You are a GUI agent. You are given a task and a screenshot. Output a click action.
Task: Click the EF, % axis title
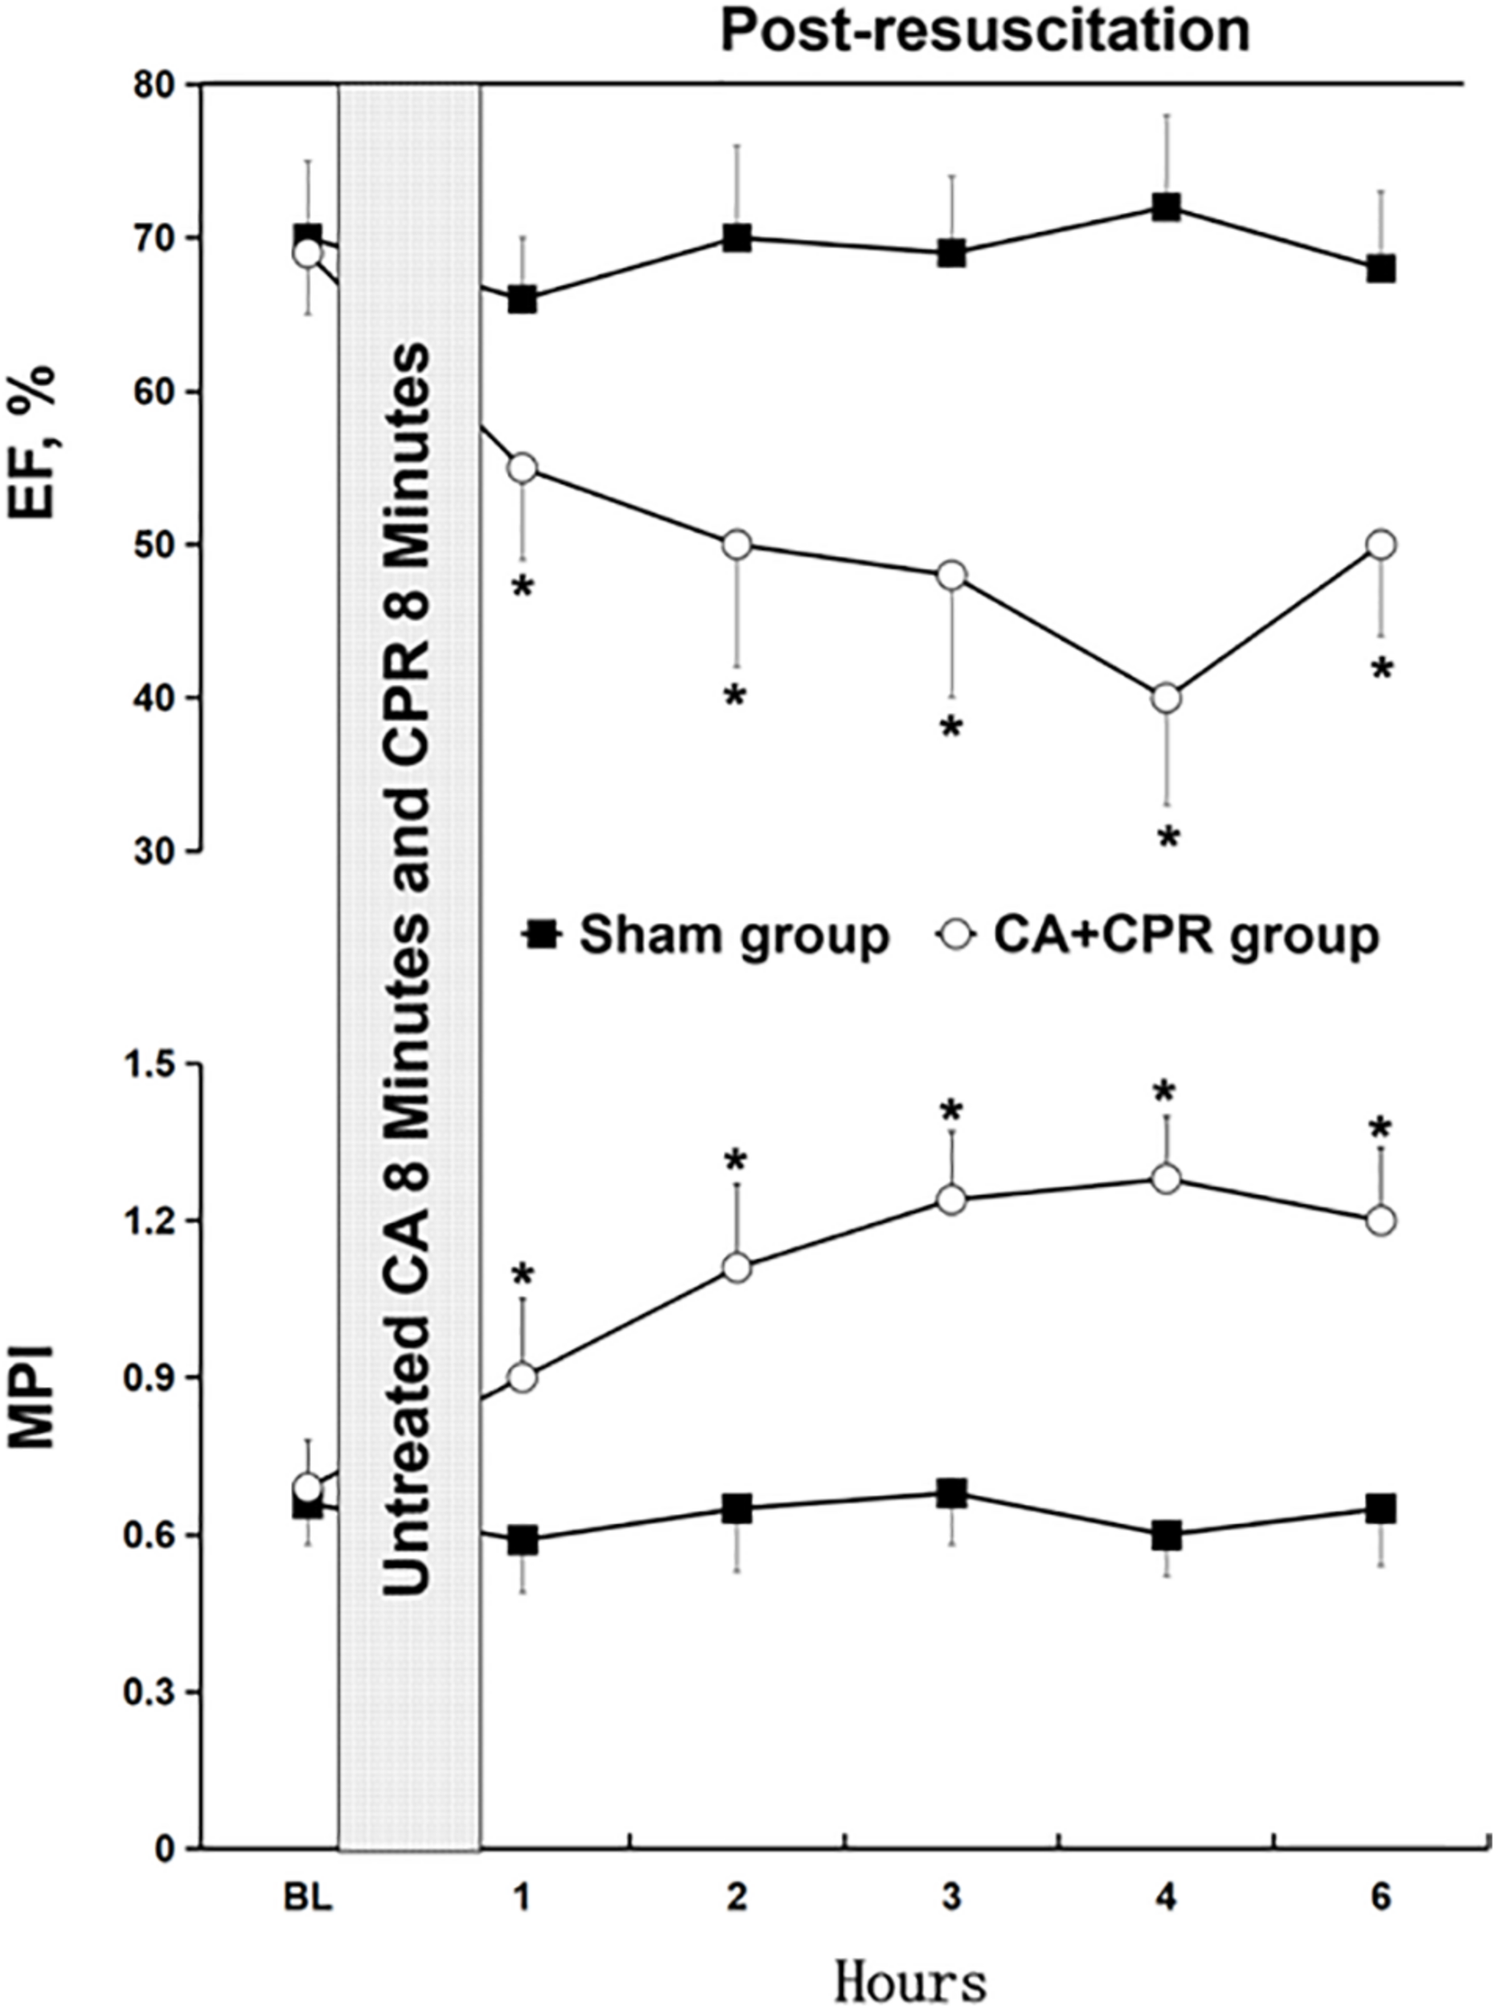click(x=34, y=441)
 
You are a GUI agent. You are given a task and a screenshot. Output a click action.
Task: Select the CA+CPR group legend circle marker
click(x=958, y=934)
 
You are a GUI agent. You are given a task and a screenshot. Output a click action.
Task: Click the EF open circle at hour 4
click(x=1167, y=699)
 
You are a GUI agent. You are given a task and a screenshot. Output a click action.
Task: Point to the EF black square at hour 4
click(x=1167, y=207)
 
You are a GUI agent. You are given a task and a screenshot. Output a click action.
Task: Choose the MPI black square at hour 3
click(x=951, y=1495)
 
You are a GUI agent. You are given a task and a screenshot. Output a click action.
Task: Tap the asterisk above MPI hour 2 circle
click(x=736, y=1161)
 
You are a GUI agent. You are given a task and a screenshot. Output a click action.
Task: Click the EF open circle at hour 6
click(x=1380, y=544)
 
